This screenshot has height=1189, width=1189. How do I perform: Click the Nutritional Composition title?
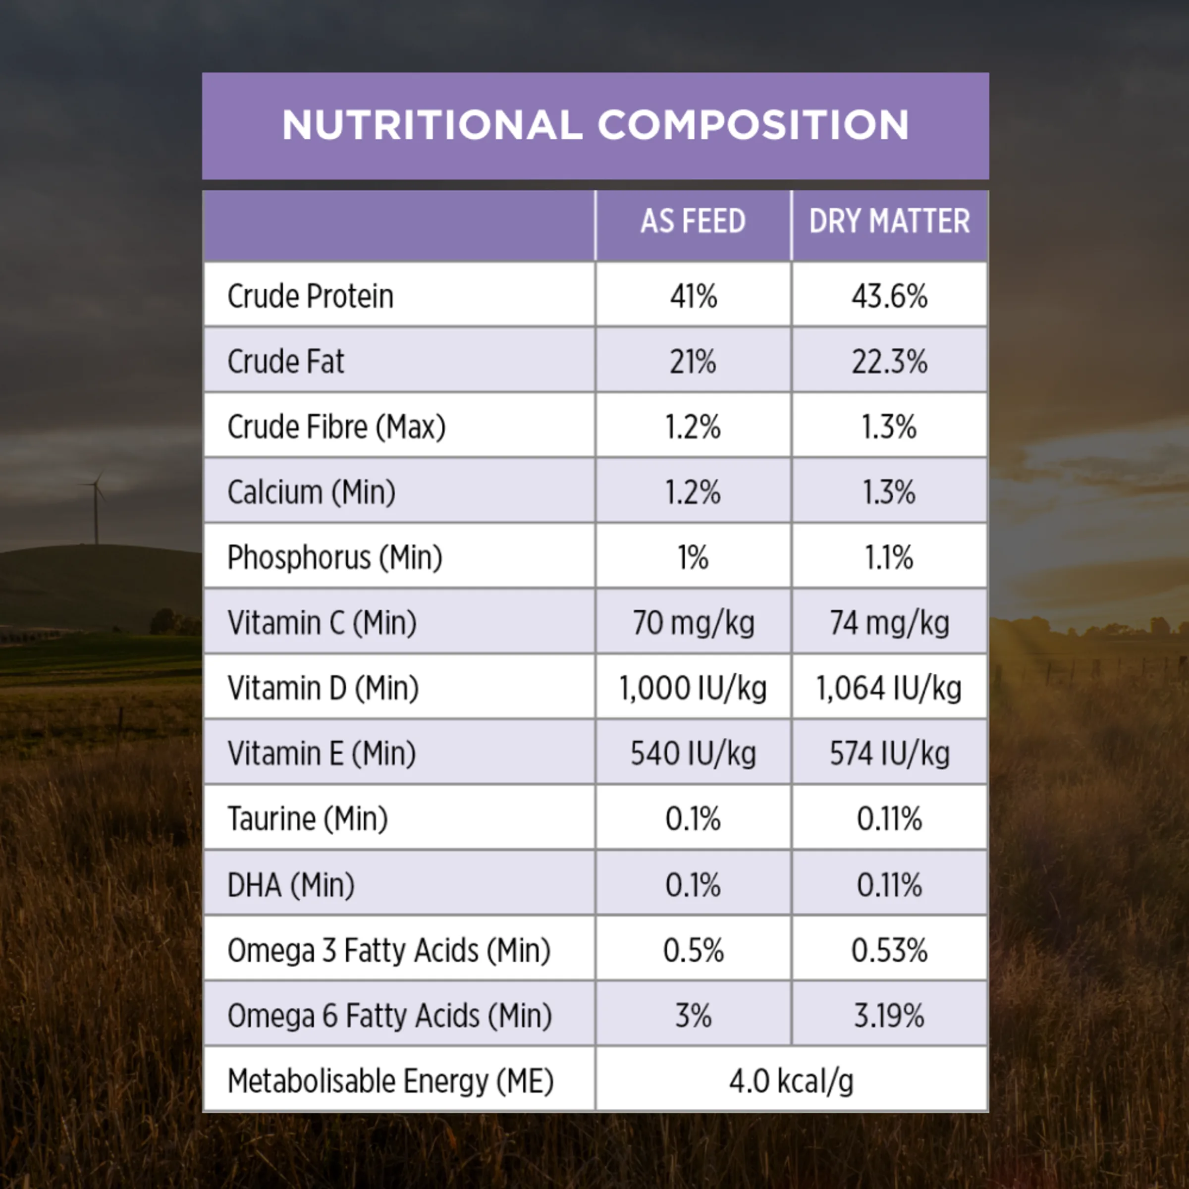pos(595,125)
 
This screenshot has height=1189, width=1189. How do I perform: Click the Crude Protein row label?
pos(310,296)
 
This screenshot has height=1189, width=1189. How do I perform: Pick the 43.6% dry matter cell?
pos(889,296)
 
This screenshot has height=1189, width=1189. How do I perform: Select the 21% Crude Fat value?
pos(693,361)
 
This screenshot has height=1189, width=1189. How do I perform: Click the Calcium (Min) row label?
pos(312,492)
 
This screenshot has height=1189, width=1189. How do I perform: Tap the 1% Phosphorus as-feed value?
pos(693,557)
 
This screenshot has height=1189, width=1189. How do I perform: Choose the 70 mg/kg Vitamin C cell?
pos(693,623)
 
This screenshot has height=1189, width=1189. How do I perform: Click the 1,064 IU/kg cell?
pos(889,688)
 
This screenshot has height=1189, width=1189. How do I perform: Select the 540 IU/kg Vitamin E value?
pos(693,753)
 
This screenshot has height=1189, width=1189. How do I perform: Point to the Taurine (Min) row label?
pos(308,819)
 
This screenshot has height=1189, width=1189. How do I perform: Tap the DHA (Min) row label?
pos(291,885)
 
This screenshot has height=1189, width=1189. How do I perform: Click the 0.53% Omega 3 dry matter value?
pos(889,950)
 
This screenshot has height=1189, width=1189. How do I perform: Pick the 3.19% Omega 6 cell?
pos(889,1016)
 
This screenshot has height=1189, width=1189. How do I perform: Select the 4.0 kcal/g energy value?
pos(792,1081)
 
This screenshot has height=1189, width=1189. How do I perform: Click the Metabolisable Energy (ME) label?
pos(391,1081)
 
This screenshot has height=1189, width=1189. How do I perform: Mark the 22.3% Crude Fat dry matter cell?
pos(889,361)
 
